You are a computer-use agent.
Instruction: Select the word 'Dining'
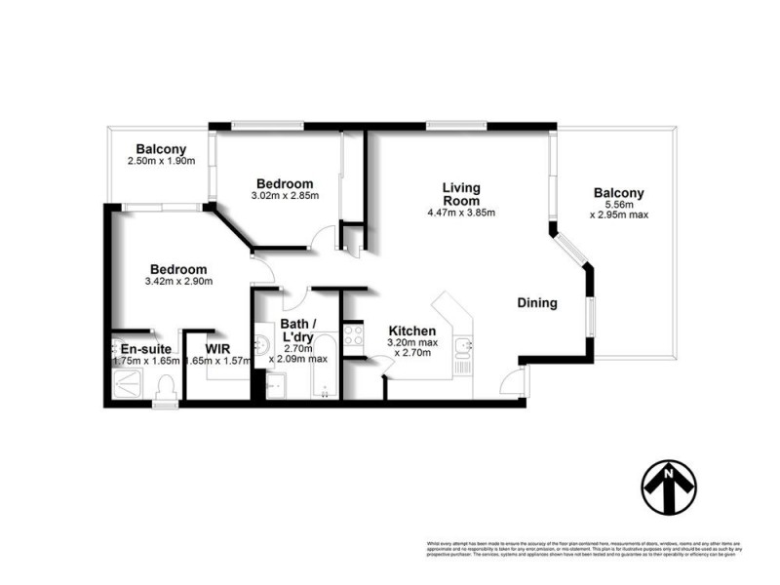(x=536, y=303)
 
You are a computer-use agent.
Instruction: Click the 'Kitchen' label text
(x=411, y=331)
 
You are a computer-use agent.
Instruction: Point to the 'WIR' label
(x=216, y=346)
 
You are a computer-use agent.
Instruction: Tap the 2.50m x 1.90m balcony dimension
(x=162, y=161)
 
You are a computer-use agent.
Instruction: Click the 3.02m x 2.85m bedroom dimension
(x=285, y=196)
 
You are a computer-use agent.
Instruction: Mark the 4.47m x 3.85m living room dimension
(x=461, y=213)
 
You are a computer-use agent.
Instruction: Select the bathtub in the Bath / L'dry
(x=323, y=370)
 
